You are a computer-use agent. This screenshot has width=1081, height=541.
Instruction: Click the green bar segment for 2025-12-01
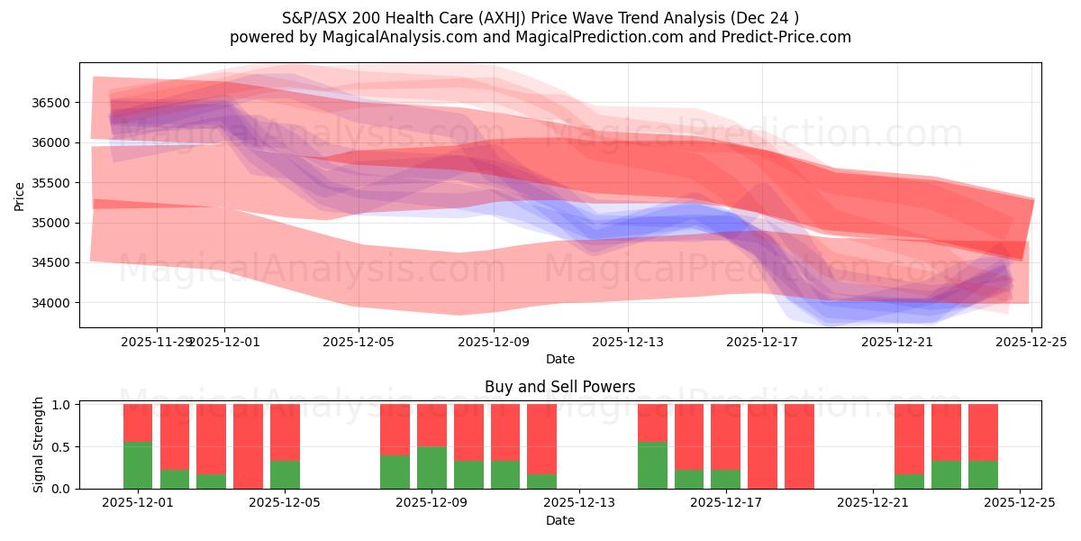[x=138, y=465]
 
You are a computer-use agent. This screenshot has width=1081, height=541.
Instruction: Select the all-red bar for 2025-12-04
[x=248, y=446]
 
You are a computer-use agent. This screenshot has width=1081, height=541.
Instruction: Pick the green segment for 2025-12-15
[x=652, y=465]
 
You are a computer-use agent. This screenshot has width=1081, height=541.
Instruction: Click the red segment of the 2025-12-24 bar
[x=983, y=432]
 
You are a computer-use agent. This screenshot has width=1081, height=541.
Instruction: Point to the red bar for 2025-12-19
[x=799, y=446]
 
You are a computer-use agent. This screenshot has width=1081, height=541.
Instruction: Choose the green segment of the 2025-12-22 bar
[x=909, y=481]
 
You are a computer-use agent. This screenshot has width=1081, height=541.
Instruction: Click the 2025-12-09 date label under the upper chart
[x=494, y=342]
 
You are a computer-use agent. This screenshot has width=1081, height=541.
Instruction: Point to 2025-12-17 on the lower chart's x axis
[x=726, y=503]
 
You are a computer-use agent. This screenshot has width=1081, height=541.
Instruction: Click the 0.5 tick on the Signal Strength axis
[x=61, y=447]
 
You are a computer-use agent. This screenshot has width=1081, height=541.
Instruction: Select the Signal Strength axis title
[x=38, y=445]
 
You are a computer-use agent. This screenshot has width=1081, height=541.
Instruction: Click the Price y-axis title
[x=20, y=196]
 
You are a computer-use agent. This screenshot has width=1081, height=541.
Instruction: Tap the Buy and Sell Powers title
[x=559, y=387]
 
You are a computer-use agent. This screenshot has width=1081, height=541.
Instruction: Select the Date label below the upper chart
[x=559, y=359]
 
